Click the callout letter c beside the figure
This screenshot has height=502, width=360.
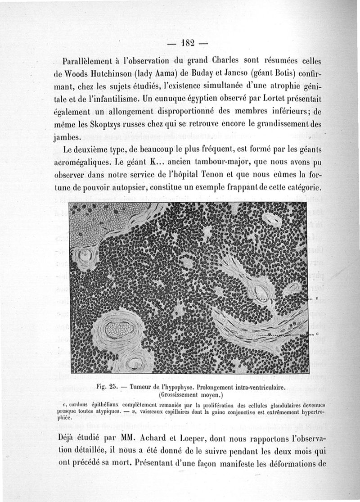pos(317,334)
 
